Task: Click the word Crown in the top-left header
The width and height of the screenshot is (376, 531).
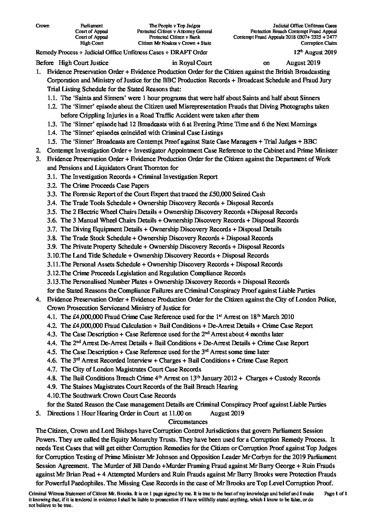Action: click(x=43, y=26)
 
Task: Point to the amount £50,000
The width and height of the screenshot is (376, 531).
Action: click(x=201, y=194)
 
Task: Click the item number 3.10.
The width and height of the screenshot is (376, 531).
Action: click(x=53, y=255)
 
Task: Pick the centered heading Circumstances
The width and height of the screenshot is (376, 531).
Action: click(x=188, y=422)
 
